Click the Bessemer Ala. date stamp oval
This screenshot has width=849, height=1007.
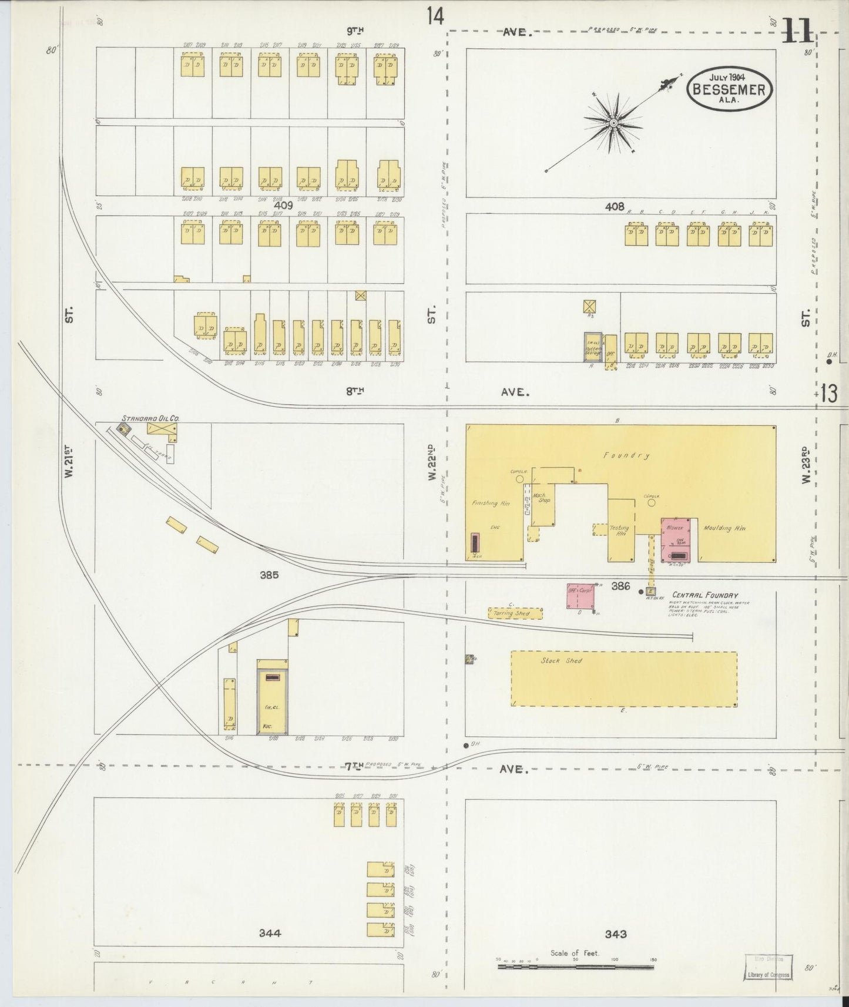pos(729,88)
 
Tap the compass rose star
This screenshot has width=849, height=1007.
pos(613,123)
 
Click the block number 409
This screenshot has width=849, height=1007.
pos(283,206)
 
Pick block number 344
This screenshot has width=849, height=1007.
pos(269,932)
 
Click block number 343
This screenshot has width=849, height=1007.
pos(615,934)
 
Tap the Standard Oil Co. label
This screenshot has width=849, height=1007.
pos(150,418)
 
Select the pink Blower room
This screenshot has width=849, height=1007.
pos(679,539)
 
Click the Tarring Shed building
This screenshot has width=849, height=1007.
pos(515,613)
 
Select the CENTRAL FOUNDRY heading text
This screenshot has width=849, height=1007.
pos(704,595)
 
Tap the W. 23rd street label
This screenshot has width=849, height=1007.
pos(806,466)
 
